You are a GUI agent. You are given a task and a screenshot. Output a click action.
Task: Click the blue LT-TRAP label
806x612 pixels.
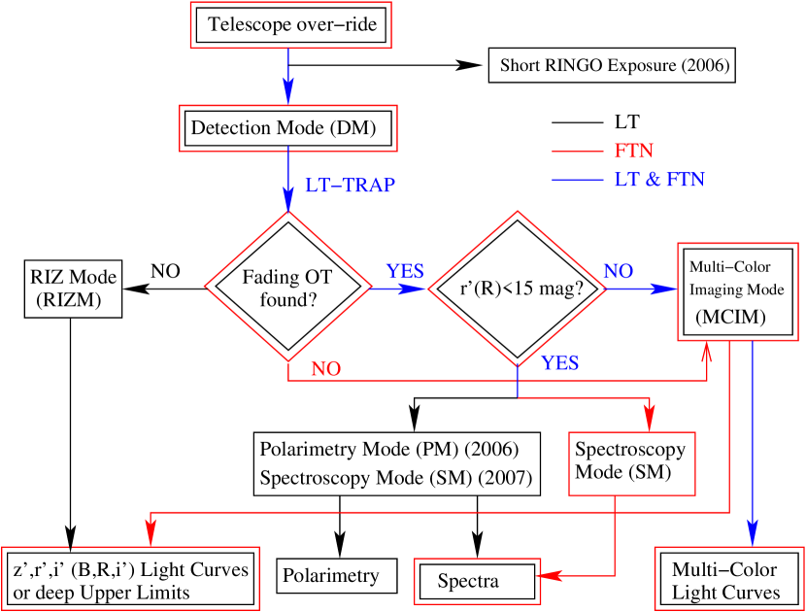click(x=350, y=186)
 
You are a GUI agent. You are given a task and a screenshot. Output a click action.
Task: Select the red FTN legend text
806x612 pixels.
click(x=633, y=152)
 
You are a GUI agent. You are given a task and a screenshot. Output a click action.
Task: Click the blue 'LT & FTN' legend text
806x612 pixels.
click(x=659, y=181)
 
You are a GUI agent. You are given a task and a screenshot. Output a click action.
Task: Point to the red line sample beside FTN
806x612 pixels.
click(x=577, y=152)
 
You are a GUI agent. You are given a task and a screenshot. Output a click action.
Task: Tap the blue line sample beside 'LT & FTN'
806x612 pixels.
click(x=577, y=181)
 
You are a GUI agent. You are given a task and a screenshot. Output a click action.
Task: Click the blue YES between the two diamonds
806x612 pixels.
click(x=405, y=272)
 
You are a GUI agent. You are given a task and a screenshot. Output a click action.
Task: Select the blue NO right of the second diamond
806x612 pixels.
click(x=619, y=272)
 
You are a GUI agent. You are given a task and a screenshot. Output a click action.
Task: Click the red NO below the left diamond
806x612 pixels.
click(x=325, y=370)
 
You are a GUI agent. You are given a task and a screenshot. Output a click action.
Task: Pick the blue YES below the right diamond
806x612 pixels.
click(x=560, y=363)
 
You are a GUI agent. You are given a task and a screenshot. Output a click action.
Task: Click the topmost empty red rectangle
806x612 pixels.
click(x=290, y=25)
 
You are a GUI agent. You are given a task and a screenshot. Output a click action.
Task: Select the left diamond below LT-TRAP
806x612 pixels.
click(x=288, y=287)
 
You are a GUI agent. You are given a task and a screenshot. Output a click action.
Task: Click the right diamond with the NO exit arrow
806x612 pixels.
click(x=517, y=289)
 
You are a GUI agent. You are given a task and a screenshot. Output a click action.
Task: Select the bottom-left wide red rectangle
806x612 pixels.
click(x=130, y=578)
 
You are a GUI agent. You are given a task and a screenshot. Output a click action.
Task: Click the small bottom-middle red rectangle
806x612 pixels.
click(x=477, y=581)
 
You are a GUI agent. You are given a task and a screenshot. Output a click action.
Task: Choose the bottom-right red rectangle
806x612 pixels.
click(x=729, y=578)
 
